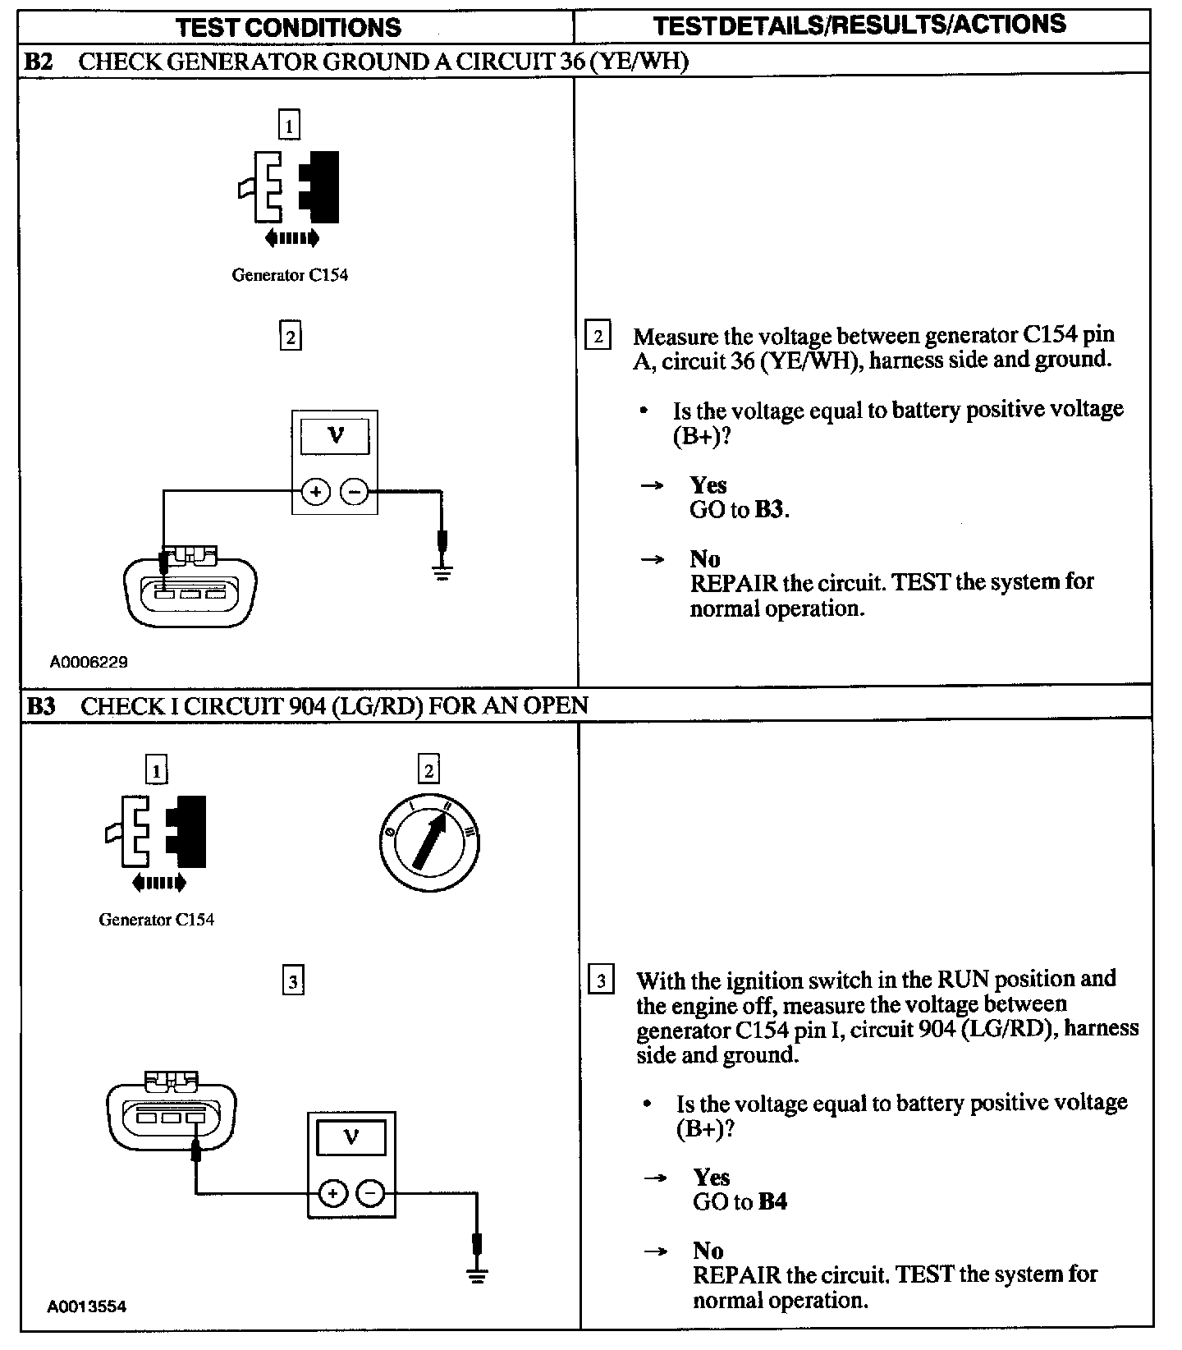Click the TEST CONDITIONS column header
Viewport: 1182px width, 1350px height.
[289, 27]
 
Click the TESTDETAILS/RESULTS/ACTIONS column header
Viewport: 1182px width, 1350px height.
[859, 25]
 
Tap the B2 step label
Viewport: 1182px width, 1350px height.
[39, 62]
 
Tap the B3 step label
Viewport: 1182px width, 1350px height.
[41, 705]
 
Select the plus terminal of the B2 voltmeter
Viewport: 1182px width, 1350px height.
[316, 492]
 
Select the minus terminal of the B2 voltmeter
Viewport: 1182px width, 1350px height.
[354, 492]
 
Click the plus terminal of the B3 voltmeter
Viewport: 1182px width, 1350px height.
[332, 1193]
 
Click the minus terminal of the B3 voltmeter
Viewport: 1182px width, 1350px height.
[371, 1193]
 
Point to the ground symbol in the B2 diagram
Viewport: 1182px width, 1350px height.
[442, 572]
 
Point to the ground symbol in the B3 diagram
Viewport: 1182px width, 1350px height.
[477, 1274]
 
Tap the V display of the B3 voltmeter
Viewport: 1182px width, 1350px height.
[351, 1137]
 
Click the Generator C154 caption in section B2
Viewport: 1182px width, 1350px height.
[290, 275]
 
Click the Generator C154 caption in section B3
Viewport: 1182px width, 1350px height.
[156, 920]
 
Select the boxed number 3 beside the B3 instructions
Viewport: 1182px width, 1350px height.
[602, 981]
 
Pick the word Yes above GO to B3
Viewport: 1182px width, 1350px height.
[708, 484]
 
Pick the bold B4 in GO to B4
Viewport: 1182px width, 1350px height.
[772, 1202]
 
